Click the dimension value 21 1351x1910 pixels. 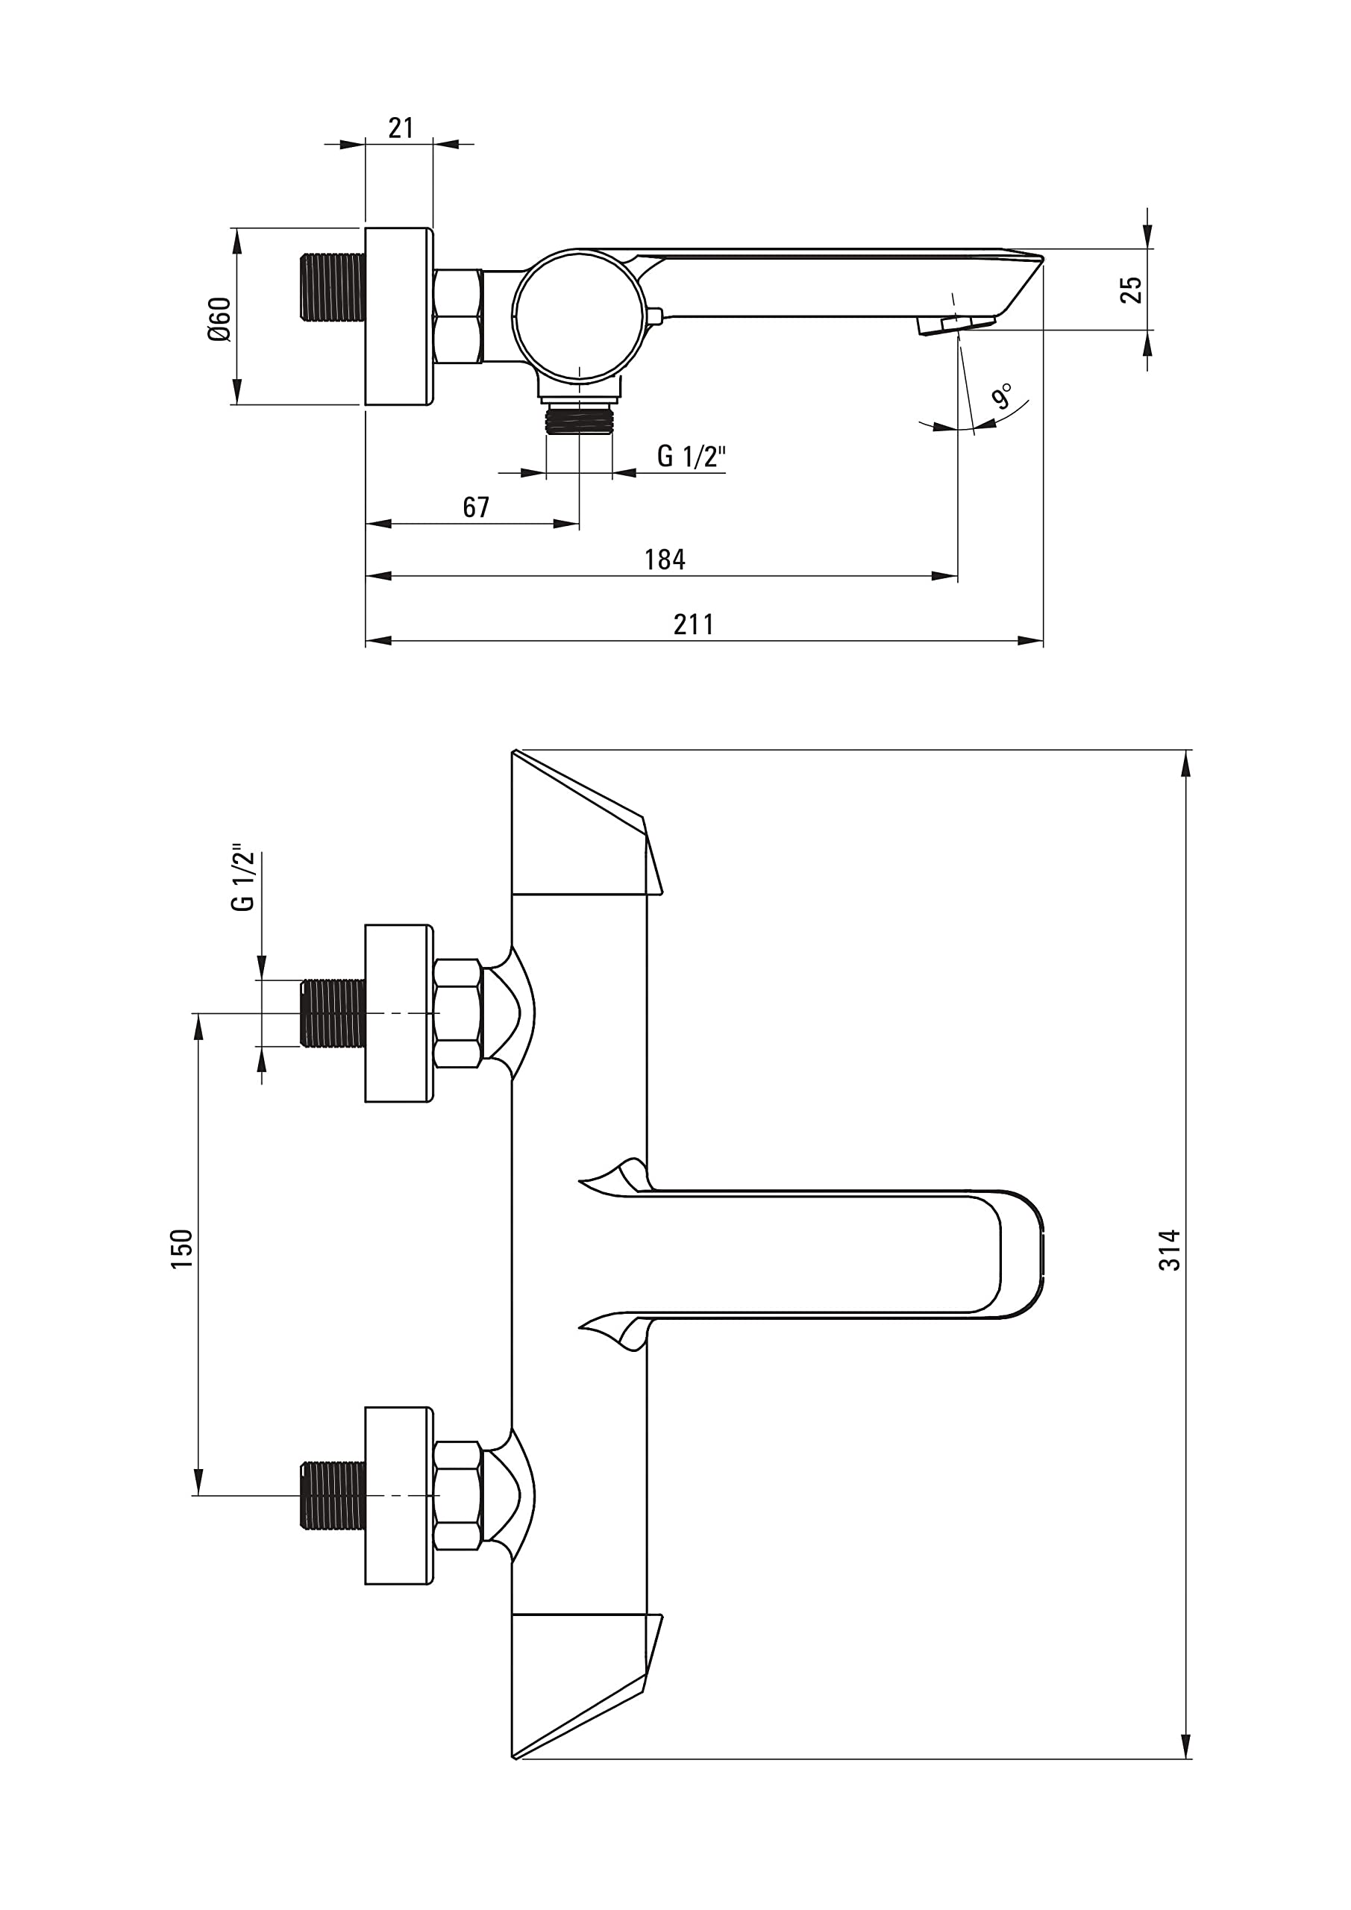(400, 128)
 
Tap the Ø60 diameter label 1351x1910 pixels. (219, 318)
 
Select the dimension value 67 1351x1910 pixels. (476, 507)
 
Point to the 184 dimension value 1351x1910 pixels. (664, 559)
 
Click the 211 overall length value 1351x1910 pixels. (693, 624)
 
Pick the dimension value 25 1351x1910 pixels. (1132, 289)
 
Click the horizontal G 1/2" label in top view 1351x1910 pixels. (692, 456)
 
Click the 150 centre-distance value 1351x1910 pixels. (181, 1249)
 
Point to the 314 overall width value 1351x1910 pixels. (1170, 1250)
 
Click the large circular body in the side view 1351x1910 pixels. (578, 317)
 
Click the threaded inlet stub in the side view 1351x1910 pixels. (332, 288)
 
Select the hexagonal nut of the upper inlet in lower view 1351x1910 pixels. (457, 1013)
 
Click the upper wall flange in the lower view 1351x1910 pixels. (398, 1013)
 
